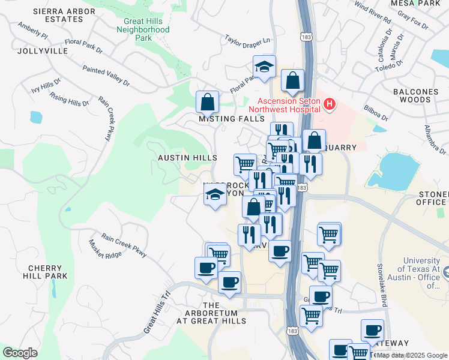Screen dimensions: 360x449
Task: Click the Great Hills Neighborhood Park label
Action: pyautogui.click(x=143, y=29)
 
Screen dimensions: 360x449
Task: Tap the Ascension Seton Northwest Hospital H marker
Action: pyautogui.click(x=329, y=105)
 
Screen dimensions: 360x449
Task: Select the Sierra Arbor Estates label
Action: pyautogui.click(x=58, y=15)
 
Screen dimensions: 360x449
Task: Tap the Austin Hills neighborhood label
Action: pyautogui.click(x=187, y=157)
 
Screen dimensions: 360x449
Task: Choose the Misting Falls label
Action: pyautogui.click(x=232, y=119)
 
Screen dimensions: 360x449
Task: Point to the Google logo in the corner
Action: pyautogui.click(x=20, y=353)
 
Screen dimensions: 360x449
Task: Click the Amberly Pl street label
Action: pyautogui.click(x=33, y=31)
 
